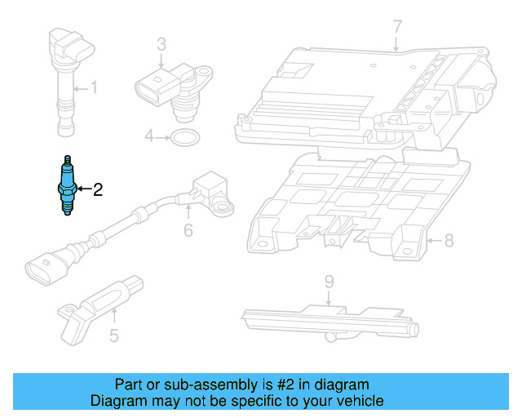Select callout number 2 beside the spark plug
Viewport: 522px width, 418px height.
(x=97, y=190)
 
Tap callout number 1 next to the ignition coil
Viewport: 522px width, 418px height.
(x=94, y=87)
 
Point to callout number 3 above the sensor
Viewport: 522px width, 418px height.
(x=161, y=43)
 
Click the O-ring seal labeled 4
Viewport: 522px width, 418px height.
(x=184, y=136)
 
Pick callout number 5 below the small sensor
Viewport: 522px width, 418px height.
(x=114, y=334)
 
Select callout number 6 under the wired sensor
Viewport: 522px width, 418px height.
(x=188, y=230)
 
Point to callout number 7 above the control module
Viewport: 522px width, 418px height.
(x=397, y=26)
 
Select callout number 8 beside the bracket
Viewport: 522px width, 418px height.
(x=448, y=240)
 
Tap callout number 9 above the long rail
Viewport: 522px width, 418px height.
(x=329, y=282)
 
